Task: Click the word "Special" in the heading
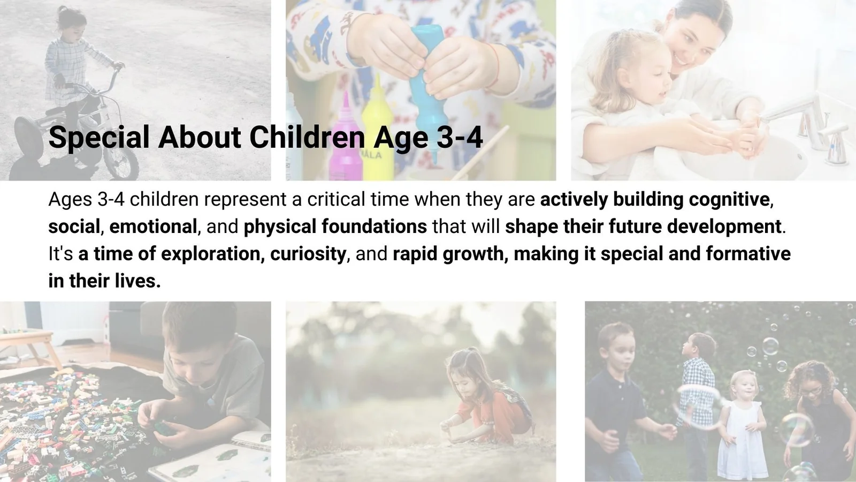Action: click(99, 138)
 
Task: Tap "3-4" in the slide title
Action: click(460, 137)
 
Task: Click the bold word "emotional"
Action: click(153, 227)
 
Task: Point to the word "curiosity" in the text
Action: click(308, 254)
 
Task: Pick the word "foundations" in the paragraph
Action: click(374, 227)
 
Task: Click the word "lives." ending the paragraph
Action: click(137, 281)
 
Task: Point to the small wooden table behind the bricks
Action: click(27, 346)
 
